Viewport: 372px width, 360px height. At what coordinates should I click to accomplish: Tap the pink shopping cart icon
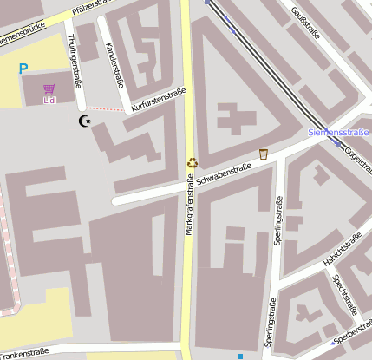[x=49, y=88]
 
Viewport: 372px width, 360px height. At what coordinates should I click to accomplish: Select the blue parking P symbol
[x=23, y=69]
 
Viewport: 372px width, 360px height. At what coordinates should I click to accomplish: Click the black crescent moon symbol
[x=84, y=121]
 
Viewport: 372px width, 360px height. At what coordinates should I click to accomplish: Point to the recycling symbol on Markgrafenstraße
[x=193, y=161]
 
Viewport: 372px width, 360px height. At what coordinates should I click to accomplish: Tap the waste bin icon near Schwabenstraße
[x=263, y=154]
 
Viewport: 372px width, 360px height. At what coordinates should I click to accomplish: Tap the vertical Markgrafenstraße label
[x=188, y=204]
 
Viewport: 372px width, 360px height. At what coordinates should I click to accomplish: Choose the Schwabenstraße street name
[x=223, y=173]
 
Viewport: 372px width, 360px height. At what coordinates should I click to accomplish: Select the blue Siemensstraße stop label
[x=338, y=133]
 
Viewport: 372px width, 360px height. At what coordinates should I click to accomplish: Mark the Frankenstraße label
[x=23, y=352]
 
